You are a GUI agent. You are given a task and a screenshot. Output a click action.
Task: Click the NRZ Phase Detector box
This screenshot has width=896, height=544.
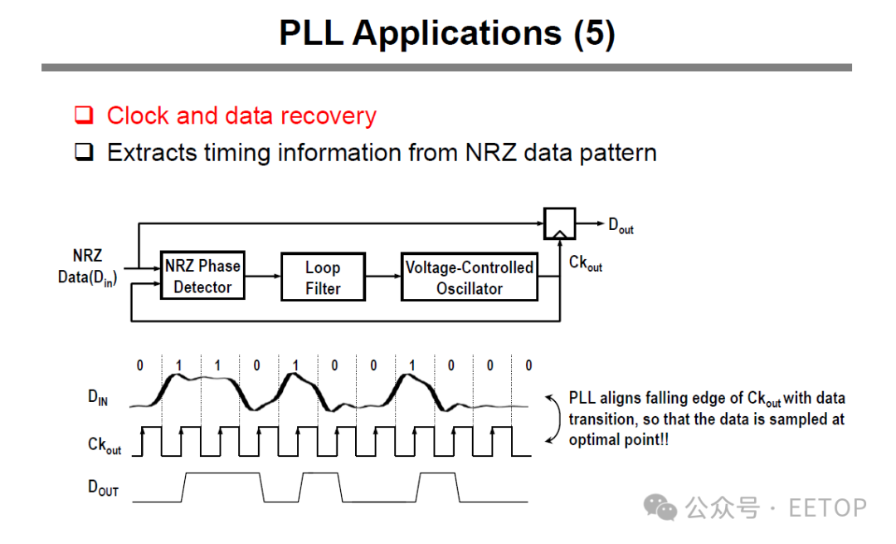coord(203,275)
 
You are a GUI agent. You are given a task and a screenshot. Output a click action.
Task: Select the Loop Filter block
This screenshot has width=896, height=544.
coord(323,277)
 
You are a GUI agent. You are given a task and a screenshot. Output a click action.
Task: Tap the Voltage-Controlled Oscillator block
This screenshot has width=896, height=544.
coord(469,277)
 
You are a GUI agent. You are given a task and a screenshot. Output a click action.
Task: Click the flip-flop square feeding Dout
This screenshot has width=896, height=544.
coord(559,223)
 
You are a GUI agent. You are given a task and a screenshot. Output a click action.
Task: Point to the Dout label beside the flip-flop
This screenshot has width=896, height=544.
coord(621,225)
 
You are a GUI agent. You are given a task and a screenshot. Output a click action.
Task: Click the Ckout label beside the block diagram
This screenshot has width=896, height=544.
coord(585,263)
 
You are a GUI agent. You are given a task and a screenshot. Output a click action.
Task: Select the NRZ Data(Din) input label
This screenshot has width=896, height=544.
coord(87,267)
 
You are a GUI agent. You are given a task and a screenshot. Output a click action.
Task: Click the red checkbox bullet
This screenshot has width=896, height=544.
coord(84,115)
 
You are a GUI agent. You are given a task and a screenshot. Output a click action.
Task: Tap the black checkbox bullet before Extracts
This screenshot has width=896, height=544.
coord(84,152)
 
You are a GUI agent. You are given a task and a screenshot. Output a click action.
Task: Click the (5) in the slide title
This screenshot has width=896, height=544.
coord(594,33)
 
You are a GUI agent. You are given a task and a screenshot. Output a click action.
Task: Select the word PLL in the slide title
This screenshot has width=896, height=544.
coord(311,32)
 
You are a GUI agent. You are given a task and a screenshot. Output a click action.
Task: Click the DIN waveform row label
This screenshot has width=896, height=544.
coord(98,397)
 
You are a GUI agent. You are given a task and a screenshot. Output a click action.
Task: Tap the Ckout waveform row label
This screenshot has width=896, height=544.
coord(105,445)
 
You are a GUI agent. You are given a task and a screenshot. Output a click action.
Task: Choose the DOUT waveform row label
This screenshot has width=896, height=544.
coord(103,488)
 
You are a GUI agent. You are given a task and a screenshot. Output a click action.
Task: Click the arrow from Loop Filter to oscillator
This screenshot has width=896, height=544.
coord(382,277)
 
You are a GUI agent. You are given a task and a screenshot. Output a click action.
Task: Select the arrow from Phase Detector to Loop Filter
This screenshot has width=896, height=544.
coord(263,277)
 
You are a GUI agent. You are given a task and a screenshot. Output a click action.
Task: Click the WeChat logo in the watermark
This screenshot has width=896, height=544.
coord(660,507)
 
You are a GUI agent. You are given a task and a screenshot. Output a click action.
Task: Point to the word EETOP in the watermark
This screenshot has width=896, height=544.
coord(827,508)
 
